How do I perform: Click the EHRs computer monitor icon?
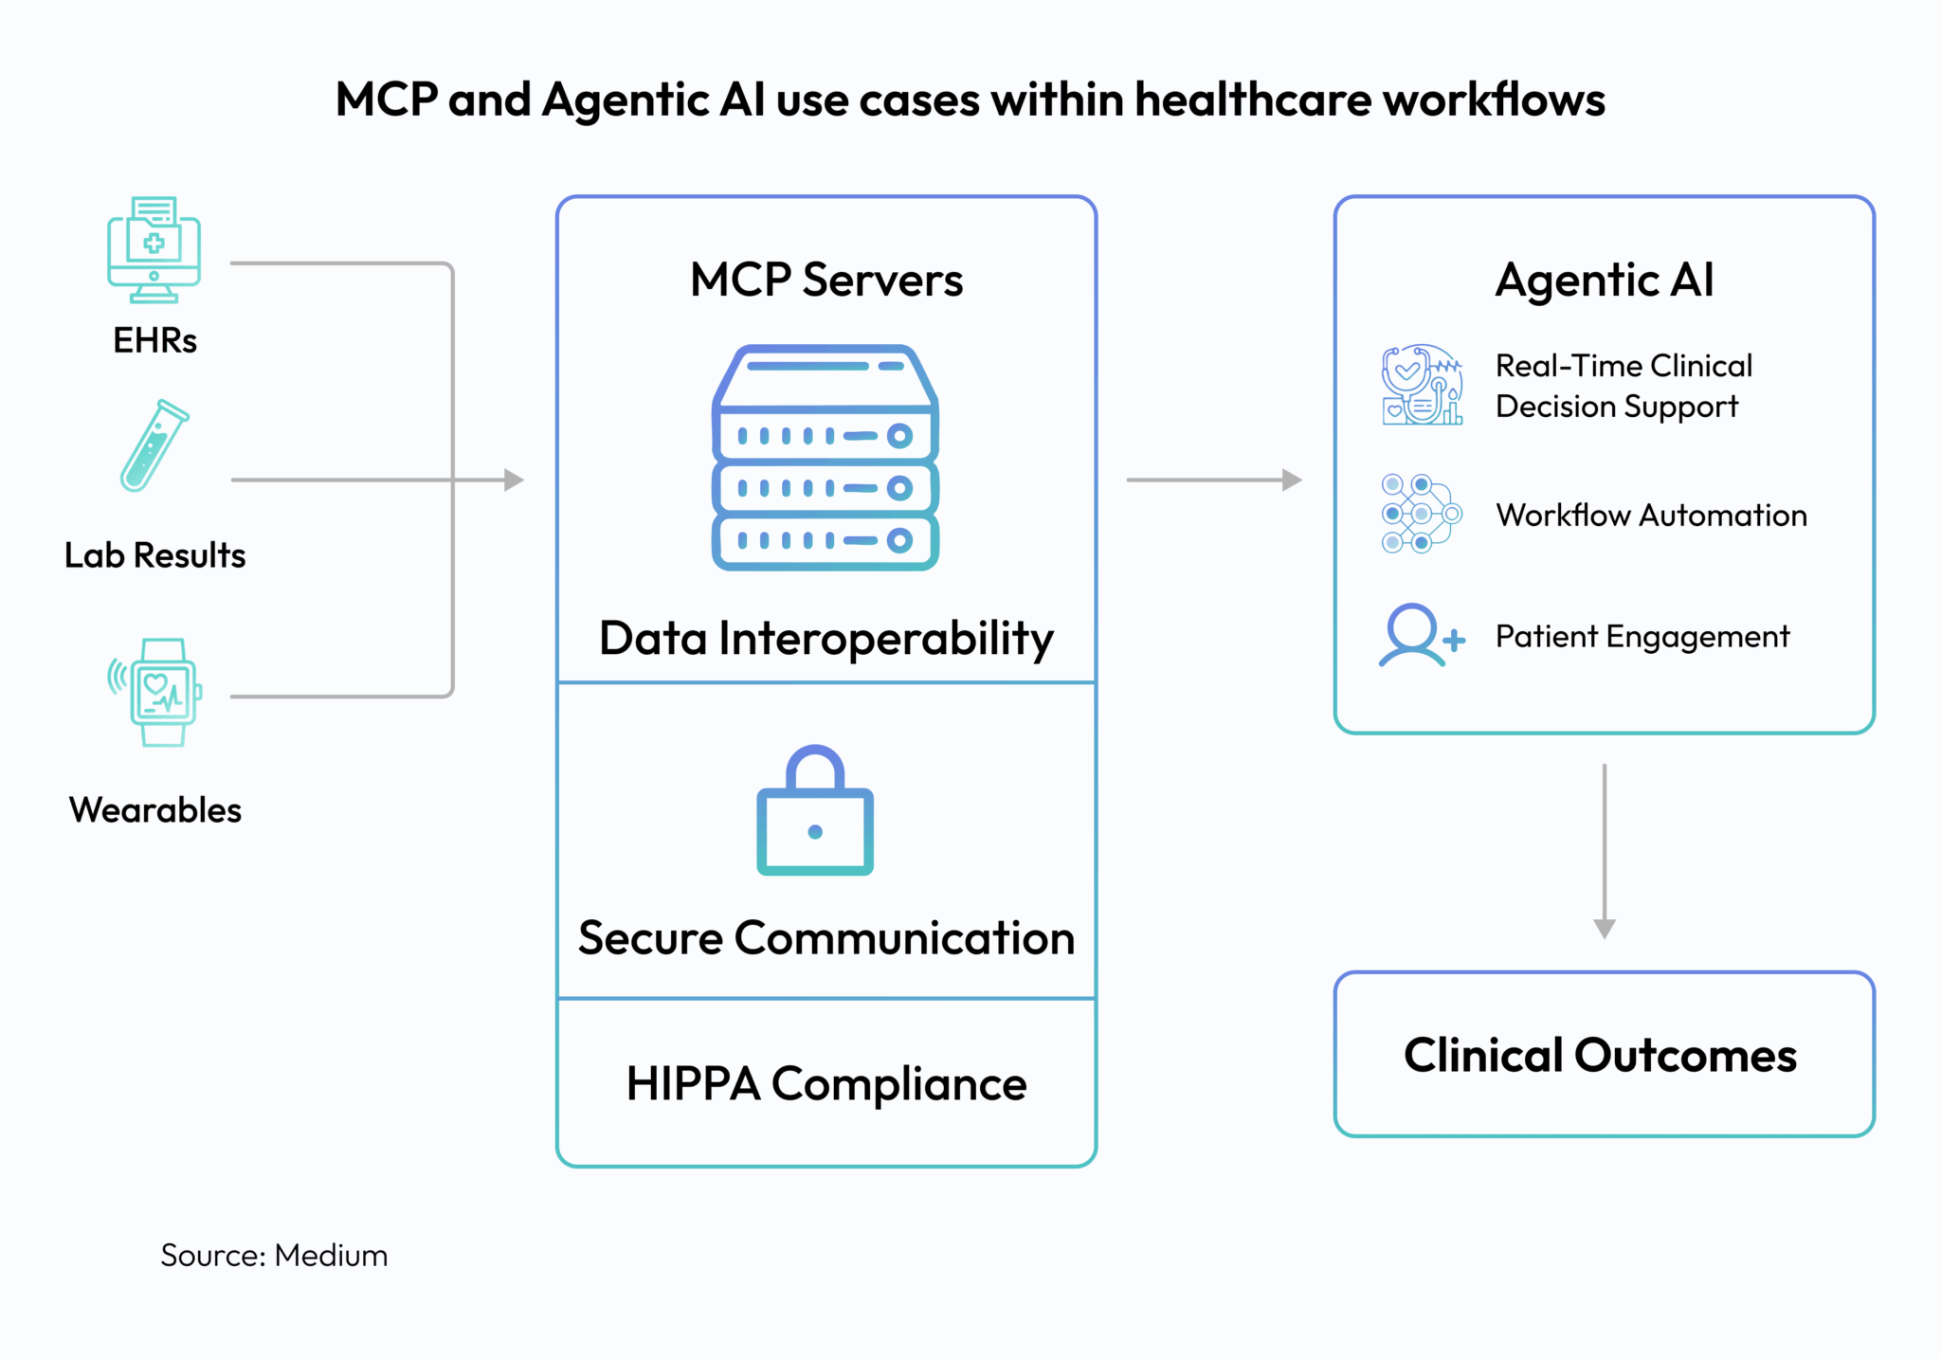coord(154,249)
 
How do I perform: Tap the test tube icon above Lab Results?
coord(154,445)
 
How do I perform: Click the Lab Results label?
coord(154,555)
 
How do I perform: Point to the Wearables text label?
coord(154,810)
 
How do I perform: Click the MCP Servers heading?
coord(825,280)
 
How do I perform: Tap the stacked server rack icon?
coord(825,458)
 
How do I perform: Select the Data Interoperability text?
coord(825,638)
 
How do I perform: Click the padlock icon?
coord(814,812)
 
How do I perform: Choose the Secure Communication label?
coord(825,938)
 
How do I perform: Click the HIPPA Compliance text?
coord(825,1083)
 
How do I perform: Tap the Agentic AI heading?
coord(1604,280)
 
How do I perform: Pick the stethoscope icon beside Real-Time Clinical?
coord(1421,385)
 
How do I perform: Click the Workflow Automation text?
coord(1650,515)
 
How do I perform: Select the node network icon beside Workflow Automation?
coord(1420,514)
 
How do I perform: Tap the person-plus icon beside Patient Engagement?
coord(1420,636)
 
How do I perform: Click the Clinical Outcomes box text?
coord(1600,1055)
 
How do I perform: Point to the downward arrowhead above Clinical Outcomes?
coord(1604,928)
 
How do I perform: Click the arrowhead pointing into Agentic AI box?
coord(1292,480)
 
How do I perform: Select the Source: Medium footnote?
coord(274,1255)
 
